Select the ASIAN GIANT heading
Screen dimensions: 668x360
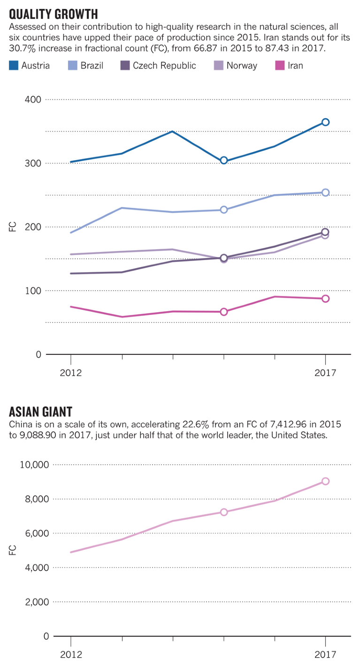(40, 412)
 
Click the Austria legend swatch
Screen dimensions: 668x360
(14, 66)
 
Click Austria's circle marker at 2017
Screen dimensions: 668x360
(325, 122)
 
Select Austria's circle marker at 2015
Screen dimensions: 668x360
(224, 161)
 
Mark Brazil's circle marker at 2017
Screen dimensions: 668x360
(325, 192)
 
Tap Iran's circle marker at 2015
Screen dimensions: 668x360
(224, 312)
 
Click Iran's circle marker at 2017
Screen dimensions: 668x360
(325, 299)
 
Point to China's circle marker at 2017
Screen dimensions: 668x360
(325, 481)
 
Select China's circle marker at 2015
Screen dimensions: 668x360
(224, 512)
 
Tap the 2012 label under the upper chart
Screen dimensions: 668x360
(70, 373)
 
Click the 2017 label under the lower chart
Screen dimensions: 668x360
(325, 655)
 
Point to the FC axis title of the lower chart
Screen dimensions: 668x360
(13, 550)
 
